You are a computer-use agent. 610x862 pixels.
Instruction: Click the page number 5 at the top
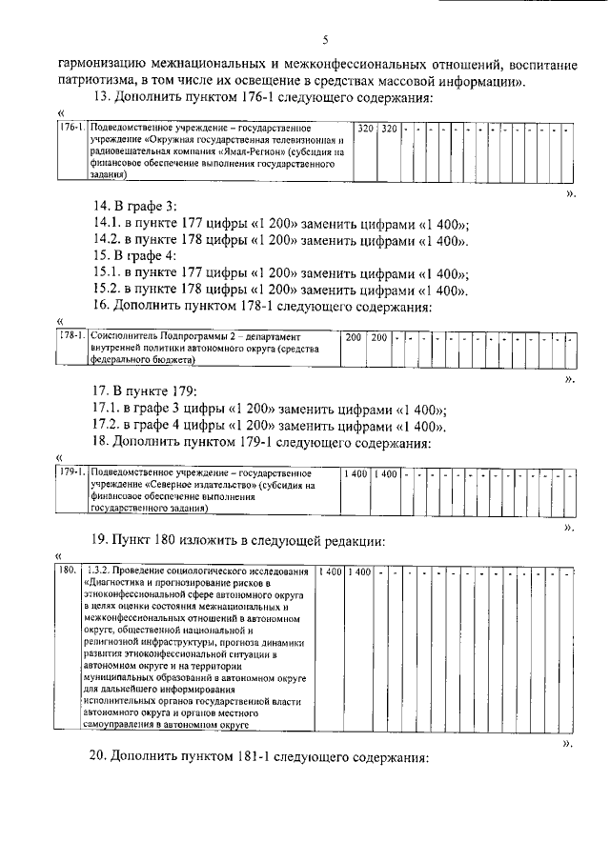[325, 40]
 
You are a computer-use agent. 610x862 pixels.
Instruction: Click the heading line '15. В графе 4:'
[134, 256]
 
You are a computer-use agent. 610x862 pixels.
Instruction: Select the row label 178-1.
[71, 337]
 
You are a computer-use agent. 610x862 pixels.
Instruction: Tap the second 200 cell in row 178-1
[378, 338]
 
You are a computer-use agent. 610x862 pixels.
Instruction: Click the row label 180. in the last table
[67, 571]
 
